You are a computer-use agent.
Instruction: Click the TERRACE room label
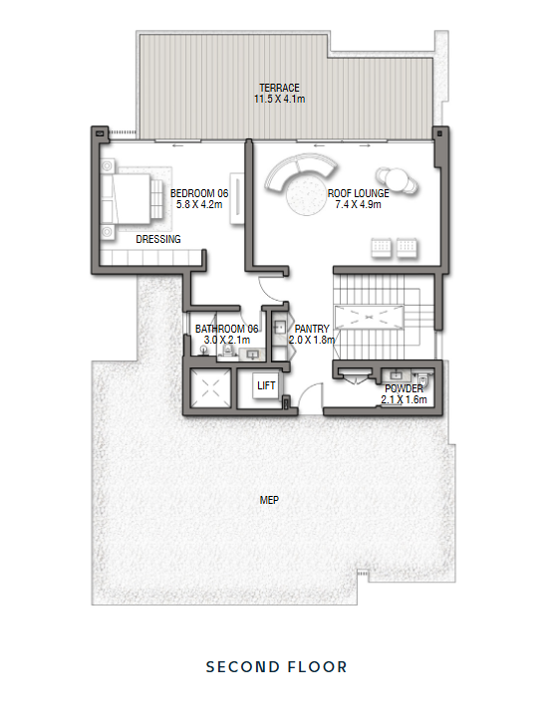pos(279,88)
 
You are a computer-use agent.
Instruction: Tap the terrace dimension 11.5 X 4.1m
pos(279,99)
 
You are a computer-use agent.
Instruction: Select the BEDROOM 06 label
pos(199,193)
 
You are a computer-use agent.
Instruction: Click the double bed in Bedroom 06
pos(133,199)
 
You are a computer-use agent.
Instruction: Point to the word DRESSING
pos(158,239)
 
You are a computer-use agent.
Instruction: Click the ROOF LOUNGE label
pos(358,193)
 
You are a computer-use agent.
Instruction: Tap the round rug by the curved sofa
pos(306,195)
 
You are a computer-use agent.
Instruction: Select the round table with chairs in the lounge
pos(397,179)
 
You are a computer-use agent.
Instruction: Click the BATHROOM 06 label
pos(227,329)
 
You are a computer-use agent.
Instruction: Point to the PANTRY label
pos(312,329)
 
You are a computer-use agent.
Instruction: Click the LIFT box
pos(266,385)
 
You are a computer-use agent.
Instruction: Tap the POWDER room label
pos(405,388)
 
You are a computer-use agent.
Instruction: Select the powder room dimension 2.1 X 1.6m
pos(405,399)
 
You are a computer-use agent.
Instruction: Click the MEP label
pos(269,500)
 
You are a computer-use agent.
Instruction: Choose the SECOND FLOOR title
pos(276,667)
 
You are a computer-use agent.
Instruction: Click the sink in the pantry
pos(279,328)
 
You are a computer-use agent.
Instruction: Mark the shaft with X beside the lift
pos(211,388)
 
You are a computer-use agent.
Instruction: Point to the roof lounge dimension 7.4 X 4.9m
pos(358,204)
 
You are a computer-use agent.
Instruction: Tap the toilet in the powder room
pos(423,378)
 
